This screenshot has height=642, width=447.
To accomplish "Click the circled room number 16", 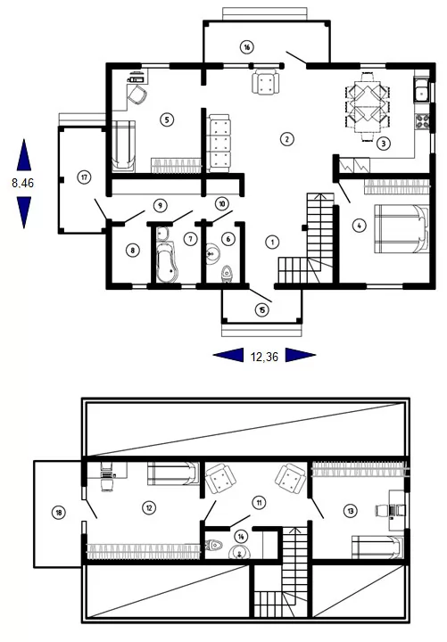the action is [x=246, y=47].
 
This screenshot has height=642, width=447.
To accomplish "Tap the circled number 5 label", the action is [x=167, y=119].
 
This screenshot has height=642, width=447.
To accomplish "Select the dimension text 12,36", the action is [x=264, y=357].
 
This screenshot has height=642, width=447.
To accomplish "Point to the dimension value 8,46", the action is [x=23, y=183].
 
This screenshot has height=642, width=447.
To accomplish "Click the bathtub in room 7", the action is [x=168, y=261].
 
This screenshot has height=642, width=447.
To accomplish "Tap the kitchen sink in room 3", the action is [x=422, y=91].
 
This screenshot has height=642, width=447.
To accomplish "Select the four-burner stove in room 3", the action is [x=423, y=121].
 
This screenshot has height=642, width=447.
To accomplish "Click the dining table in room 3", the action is [x=368, y=107].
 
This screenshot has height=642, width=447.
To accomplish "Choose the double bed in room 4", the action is [x=401, y=229].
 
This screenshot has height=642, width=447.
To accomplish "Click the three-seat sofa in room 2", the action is [x=219, y=144].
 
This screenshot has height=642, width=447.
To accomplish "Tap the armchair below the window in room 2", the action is [x=266, y=82].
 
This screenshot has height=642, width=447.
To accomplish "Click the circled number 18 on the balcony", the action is [x=59, y=512].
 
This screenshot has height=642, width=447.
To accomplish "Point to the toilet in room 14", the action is [x=214, y=545].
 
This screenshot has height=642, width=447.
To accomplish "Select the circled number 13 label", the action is [x=351, y=511].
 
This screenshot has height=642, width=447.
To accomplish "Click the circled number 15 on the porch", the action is [x=261, y=310].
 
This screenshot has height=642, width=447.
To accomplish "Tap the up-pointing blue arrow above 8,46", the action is [x=24, y=155].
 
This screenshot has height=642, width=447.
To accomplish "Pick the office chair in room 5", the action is [x=137, y=95].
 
